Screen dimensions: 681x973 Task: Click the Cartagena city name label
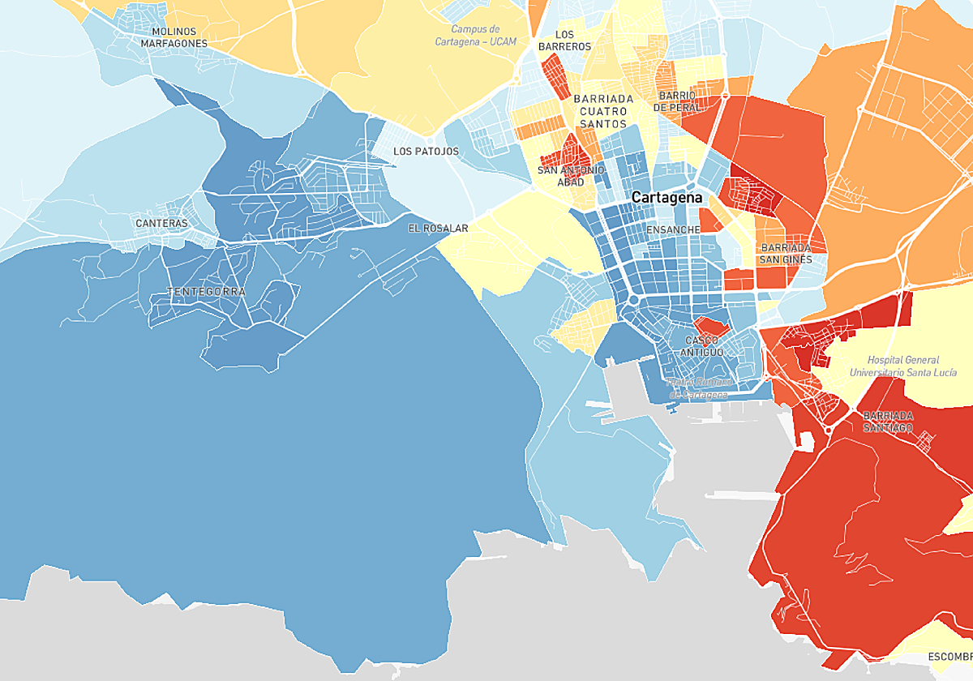tap(667, 198)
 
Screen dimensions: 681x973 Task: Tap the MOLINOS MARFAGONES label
tap(174, 37)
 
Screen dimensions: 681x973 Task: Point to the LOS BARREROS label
tap(564, 41)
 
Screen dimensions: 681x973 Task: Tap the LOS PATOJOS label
tap(426, 152)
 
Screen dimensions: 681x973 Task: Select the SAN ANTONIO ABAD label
tap(571, 176)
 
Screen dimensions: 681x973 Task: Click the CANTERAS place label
tap(161, 223)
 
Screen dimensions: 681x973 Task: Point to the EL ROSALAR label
tap(438, 229)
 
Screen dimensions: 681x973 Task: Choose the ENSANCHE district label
tap(673, 230)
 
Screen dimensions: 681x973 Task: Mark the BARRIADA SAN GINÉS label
tap(784, 253)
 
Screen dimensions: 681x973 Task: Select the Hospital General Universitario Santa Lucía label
tap(902, 366)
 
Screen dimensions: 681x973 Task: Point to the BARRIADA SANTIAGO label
tap(888, 422)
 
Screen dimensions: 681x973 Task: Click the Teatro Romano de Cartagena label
tap(699, 388)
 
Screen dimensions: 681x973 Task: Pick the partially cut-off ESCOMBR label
tap(949, 656)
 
